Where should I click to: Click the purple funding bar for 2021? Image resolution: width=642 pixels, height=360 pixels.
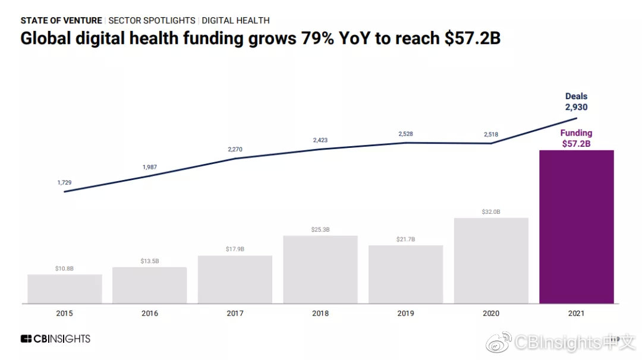(576, 226)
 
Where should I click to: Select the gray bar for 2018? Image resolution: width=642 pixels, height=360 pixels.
(320, 269)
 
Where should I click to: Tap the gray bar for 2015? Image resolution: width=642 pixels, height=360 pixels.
(65, 289)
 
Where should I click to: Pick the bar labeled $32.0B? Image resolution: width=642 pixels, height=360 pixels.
(490, 260)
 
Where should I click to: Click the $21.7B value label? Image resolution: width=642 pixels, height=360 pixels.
(405, 239)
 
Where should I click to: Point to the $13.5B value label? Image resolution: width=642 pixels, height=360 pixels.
(149, 261)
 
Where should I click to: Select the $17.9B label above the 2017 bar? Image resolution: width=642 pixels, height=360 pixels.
(235, 249)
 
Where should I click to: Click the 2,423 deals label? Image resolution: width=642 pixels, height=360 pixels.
(320, 140)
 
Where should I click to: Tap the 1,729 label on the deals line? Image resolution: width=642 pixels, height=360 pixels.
(65, 182)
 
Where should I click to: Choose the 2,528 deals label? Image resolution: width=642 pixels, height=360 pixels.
(405, 134)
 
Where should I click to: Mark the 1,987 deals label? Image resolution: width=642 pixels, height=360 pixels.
(149, 167)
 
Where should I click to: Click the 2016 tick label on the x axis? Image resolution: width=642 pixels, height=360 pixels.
(149, 314)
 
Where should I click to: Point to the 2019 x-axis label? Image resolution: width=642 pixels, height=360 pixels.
(405, 314)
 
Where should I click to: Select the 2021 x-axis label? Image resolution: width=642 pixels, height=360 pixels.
(576, 314)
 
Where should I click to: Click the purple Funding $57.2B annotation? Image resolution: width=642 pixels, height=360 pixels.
(576, 138)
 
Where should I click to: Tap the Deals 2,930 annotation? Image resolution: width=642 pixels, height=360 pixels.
(576, 102)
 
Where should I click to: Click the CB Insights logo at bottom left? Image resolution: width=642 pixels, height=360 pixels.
(55, 339)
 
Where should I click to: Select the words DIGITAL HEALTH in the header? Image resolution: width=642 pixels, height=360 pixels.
(235, 20)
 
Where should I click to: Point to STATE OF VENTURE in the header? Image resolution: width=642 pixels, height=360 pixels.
(61, 20)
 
